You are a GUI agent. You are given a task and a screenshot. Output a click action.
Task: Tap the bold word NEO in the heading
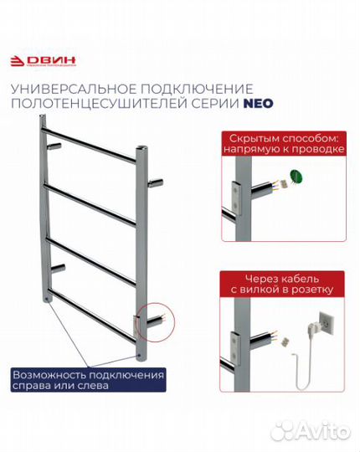(x=258, y=104)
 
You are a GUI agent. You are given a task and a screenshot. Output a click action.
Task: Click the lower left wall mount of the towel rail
(x=58, y=269)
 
